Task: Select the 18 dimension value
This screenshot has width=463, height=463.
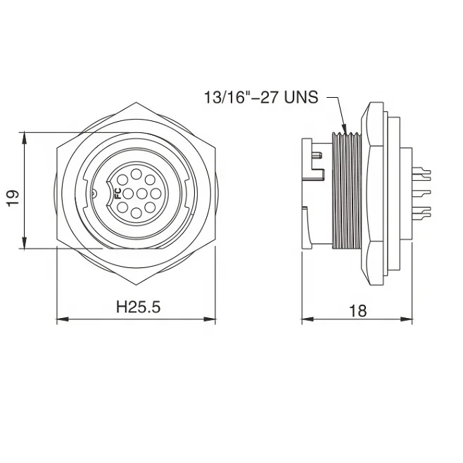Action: [357, 310]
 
